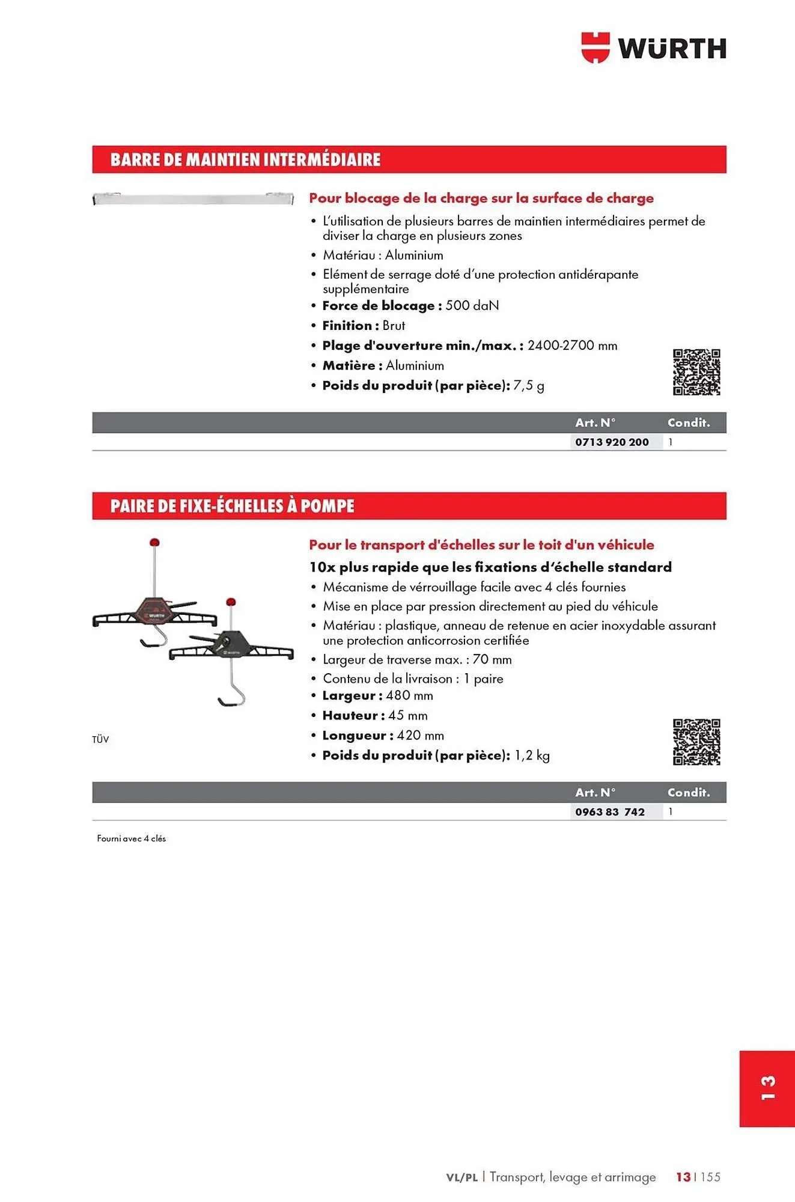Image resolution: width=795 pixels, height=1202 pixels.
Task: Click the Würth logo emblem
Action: [595, 48]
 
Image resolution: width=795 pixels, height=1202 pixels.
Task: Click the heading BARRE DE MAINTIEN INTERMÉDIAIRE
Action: [245, 160]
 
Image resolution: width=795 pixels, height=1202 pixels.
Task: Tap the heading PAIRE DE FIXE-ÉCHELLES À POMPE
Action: [232, 506]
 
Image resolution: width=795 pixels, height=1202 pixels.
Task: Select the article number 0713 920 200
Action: [612, 442]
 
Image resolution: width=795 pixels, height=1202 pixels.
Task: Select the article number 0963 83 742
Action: [609, 812]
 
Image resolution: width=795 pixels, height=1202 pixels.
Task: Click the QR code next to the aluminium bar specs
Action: [696, 372]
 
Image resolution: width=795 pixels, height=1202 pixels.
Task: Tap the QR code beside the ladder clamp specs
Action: [696, 742]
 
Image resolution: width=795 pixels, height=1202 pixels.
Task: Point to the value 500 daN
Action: [472, 306]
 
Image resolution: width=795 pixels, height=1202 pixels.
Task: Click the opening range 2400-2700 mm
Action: [572, 346]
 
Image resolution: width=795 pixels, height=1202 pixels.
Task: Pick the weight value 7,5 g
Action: [529, 386]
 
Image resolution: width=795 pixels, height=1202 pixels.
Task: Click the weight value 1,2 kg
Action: [532, 755]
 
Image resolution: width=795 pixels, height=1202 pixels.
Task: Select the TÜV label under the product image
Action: [100, 740]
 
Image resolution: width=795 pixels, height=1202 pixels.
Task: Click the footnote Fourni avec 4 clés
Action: [131, 838]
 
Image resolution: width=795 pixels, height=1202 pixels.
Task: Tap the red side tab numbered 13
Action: [767, 1088]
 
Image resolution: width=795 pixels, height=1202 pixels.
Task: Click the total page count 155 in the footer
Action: [710, 1177]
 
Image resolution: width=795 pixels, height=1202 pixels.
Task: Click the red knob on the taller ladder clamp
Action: [154, 542]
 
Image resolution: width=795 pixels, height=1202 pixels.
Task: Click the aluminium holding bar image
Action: [193, 198]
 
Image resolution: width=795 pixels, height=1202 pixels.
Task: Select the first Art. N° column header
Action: [595, 423]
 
